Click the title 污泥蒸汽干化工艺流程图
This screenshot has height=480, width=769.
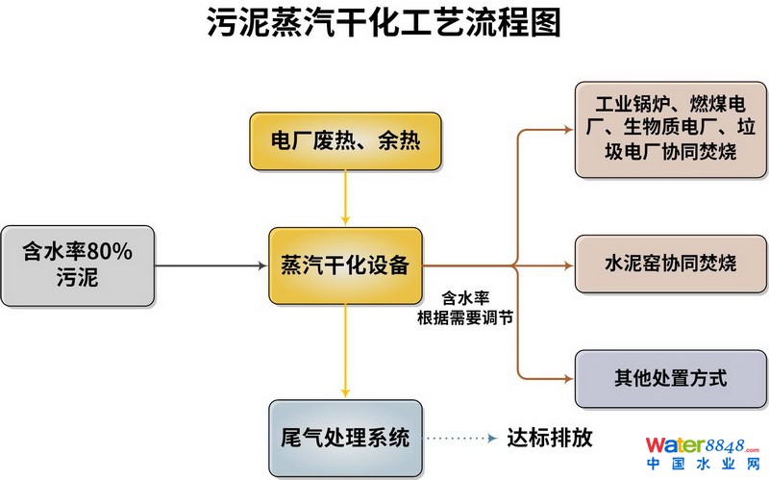pos(384,23)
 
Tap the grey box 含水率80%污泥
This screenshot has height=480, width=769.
pos(77,265)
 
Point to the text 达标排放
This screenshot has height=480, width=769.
pos(549,439)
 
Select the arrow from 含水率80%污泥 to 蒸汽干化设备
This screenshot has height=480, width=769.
pos(211,265)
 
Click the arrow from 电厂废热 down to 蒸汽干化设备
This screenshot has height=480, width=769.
pos(345,202)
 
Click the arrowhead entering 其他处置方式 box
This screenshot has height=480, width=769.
pos(567,377)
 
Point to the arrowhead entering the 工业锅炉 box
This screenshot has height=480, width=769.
pos(567,130)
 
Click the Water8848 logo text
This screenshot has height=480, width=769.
pos(703,445)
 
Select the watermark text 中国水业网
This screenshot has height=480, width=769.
pos(703,465)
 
